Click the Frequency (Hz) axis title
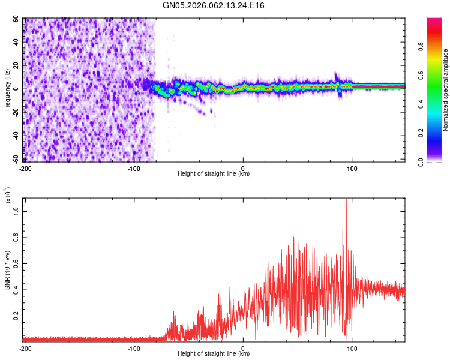(7, 90)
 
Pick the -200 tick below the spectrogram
(25, 168)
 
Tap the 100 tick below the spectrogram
(352, 168)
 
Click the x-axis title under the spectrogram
(214, 174)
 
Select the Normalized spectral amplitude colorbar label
(445, 90)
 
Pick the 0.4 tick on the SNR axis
(17, 289)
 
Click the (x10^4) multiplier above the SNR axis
(7, 196)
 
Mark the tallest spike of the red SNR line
(346, 200)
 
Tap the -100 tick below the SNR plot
(134, 348)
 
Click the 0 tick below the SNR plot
(243, 348)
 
